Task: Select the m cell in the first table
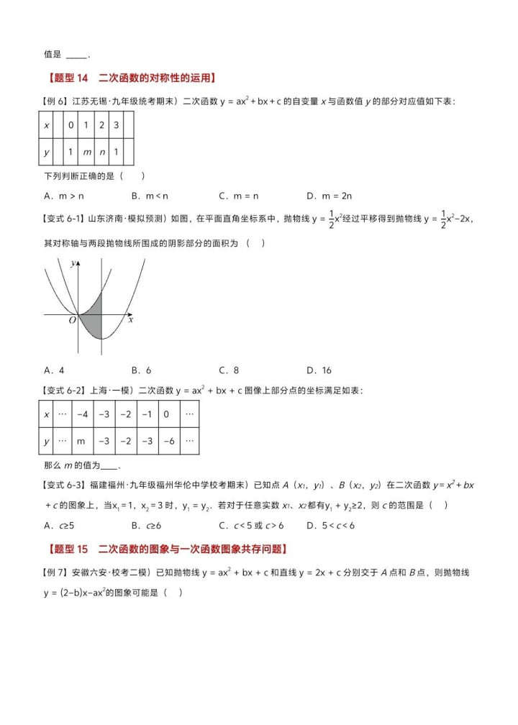point(86,153)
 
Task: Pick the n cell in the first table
point(101,153)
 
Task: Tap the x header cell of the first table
point(47,125)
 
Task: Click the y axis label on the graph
point(73,264)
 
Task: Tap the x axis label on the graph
point(131,320)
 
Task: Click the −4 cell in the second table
point(83,414)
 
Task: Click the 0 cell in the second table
point(166,414)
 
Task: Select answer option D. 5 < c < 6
point(330,525)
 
